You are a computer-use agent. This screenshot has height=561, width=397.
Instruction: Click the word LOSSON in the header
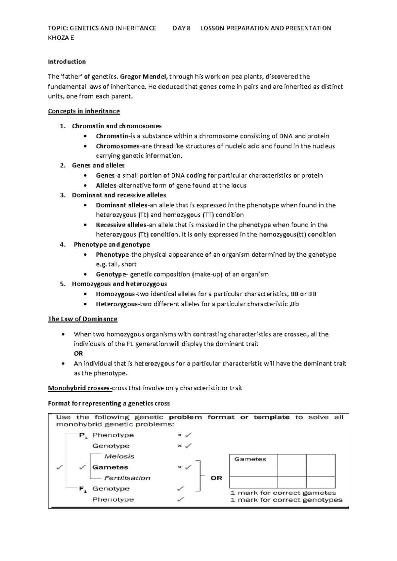[212, 28]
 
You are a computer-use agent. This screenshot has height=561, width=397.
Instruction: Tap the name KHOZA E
[61, 38]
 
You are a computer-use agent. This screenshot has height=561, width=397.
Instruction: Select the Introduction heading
[67, 62]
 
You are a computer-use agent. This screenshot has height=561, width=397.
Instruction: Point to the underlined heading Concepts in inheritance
[84, 111]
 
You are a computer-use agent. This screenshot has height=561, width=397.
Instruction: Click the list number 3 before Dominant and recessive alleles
[63, 195]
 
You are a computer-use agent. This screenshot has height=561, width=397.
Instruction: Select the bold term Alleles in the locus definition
[106, 186]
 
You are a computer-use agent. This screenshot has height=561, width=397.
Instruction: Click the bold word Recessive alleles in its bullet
[121, 225]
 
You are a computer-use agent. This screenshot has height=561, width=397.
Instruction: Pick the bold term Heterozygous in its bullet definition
[116, 304]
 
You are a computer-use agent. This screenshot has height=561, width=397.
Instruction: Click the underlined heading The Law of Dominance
[83, 319]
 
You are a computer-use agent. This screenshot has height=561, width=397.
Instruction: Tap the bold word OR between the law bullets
[78, 353]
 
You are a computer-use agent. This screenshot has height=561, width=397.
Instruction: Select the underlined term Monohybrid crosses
[80, 388]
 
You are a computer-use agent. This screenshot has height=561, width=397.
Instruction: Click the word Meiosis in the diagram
[119, 456]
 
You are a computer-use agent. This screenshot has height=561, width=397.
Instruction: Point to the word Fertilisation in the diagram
[127, 478]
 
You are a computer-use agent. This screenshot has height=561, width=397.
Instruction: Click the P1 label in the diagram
[83, 435]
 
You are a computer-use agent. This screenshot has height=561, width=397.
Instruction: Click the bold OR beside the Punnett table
[216, 478]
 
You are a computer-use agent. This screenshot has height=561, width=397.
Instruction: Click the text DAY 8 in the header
[181, 28]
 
